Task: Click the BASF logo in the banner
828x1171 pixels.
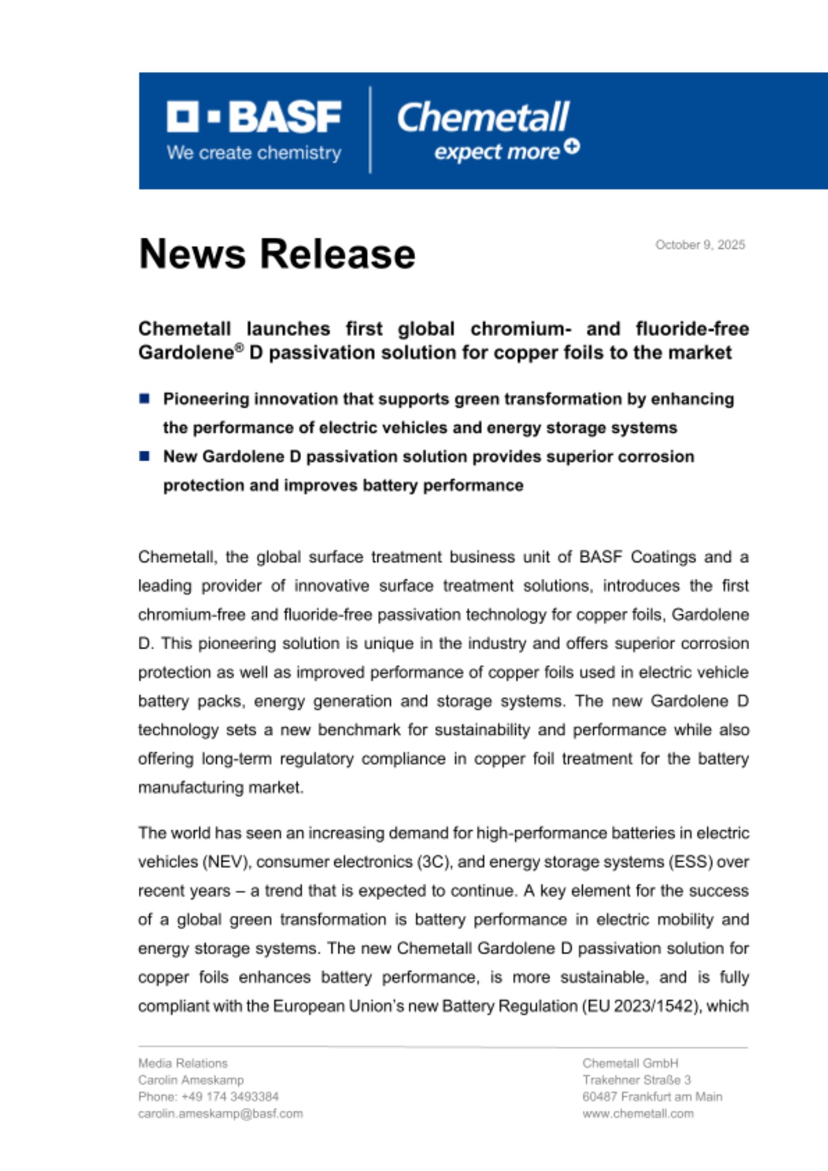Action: click(x=254, y=117)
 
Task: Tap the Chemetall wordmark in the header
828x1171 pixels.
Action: click(x=483, y=118)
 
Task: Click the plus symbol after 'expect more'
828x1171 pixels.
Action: click(x=572, y=146)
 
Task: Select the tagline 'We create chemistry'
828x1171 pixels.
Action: click(x=254, y=153)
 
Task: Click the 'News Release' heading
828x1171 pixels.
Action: click(x=277, y=254)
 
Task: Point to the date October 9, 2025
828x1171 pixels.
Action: click(x=700, y=245)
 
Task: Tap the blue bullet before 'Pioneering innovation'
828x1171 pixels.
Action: click(x=145, y=399)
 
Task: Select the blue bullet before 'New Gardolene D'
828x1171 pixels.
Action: click(x=145, y=456)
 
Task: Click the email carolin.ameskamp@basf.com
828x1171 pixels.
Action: click(x=220, y=1114)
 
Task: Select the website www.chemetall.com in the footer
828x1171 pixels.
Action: click(x=638, y=1114)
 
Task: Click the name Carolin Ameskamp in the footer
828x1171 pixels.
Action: click(x=191, y=1080)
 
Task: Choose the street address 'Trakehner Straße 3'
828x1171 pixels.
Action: click(x=637, y=1080)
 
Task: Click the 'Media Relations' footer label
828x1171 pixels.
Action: click(x=183, y=1063)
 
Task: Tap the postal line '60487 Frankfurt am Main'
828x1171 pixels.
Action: click(x=652, y=1097)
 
